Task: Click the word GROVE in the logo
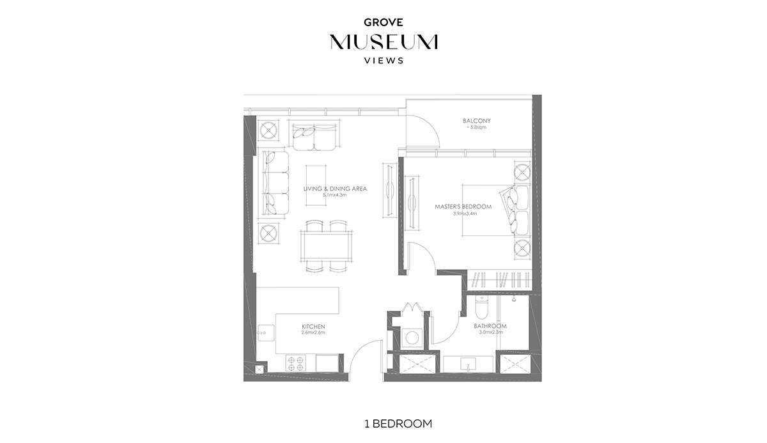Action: pyautogui.click(x=383, y=22)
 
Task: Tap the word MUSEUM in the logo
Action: pyautogui.click(x=383, y=42)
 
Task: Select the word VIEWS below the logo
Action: pyautogui.click(x=383, y=61)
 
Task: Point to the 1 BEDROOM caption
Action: pyautogui.click(x=383, y=423)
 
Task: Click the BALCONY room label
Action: pyautogui.click(x=476, y=121)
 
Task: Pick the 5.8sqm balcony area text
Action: pyautogui.click(x=476, y=128)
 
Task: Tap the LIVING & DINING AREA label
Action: pyautogui.click(x=335, y=189)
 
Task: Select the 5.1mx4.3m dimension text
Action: pyautogui.click(x=335, y=196)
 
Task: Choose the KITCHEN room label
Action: pyautogui.click(x=313, y=327)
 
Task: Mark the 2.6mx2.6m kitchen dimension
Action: pyautogui.click(x=313, y=333)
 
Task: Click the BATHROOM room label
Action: pyautogui.click(x=490, y=326)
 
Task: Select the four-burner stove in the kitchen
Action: pyautogui.click(x=296, y=363)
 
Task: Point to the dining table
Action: pyautogui.click(x=327, y=244)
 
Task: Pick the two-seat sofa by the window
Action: pyautogui.click(x=316, y=136)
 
